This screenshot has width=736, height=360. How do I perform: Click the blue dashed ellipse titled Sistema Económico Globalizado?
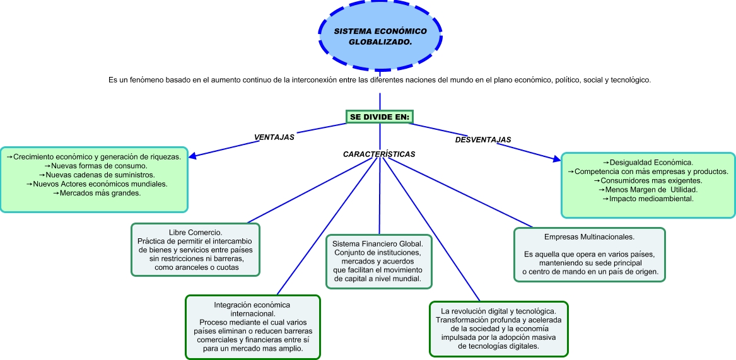tap(380, 37)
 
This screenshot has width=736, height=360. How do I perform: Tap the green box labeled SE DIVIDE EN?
tap(380, 117)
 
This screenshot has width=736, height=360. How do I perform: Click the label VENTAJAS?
tap(274, 136)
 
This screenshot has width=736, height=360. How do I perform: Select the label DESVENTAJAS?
tap(482, 139)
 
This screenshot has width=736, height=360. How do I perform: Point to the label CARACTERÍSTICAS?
tap(379, 154)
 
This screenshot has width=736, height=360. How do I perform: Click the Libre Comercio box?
tap(195, 250)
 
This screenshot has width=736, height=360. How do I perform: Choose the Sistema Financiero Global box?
tap(378, 261)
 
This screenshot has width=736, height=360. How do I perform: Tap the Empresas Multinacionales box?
tap(589, 254)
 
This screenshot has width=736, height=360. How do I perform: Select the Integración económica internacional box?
tap(252, 327)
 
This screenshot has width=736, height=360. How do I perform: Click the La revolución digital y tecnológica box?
tap(498, 328)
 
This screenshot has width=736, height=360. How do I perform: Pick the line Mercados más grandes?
tap(96, 193)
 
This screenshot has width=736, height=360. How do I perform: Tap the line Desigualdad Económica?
tap(648, 163)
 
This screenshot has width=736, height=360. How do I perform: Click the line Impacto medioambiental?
tap(648, 199)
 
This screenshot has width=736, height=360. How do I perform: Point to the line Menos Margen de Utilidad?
tap(648, 190)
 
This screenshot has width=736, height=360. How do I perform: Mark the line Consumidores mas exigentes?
tap(648, 180)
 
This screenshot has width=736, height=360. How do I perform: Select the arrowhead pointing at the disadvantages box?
tap(555, 163)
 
